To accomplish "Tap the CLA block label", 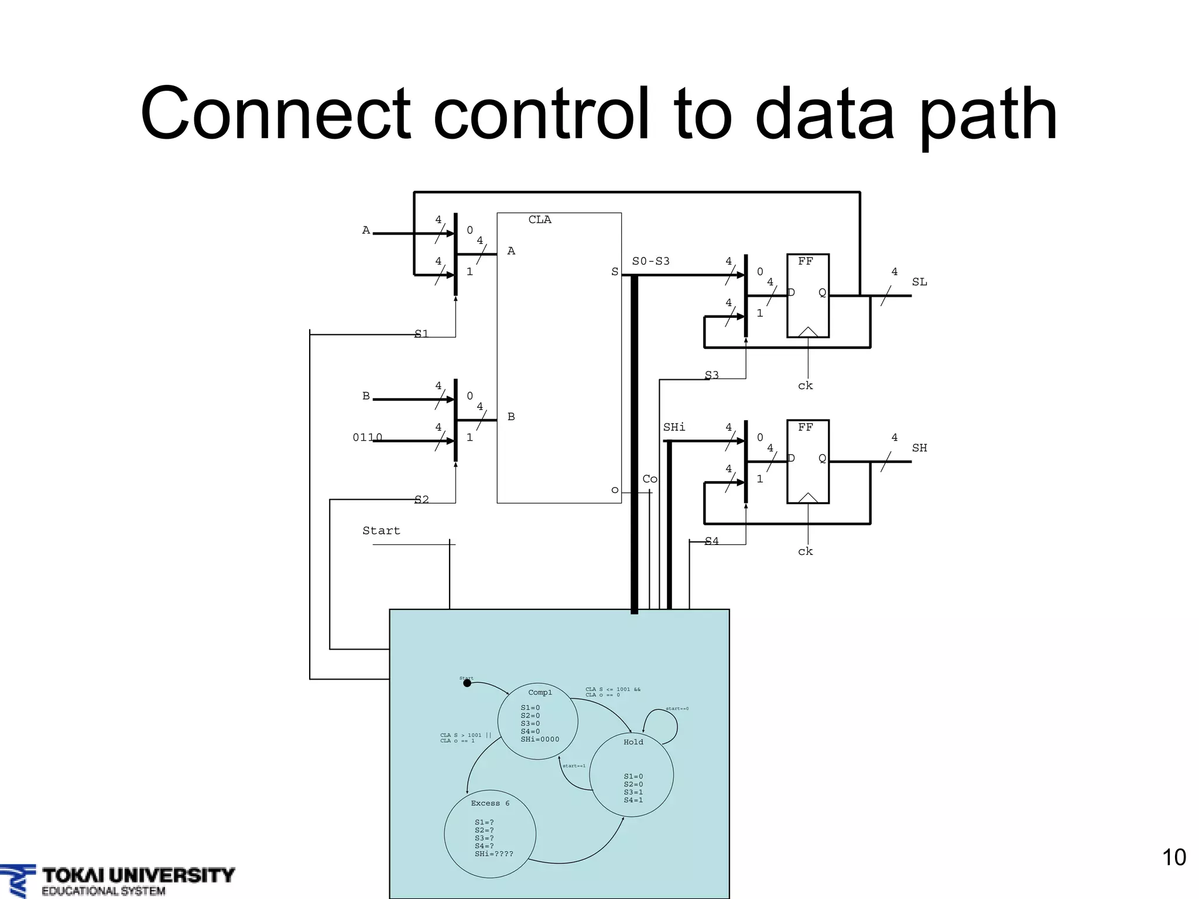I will (539, 219).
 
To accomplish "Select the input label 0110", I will (367, 437).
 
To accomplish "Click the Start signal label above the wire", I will (381, 531).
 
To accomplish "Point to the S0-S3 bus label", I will (650, 261).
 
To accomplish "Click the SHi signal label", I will (674, 427).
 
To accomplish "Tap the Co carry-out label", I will (650, 479).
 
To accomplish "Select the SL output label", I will (919, 282).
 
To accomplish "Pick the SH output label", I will (919, 448).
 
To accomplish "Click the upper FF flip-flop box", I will (807, 296).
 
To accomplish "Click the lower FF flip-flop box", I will (807, 461).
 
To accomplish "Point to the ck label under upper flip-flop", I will (805, 386).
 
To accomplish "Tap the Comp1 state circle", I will (537, 721).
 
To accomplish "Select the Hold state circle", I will (631, 774).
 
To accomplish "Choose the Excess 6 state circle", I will (490, 833).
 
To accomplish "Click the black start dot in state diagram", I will (467, 683).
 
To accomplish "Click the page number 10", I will (1173, 857).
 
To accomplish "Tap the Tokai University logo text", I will (138, 876).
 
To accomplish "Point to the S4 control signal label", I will (711, 541).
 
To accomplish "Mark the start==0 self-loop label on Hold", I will (677, 709).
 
